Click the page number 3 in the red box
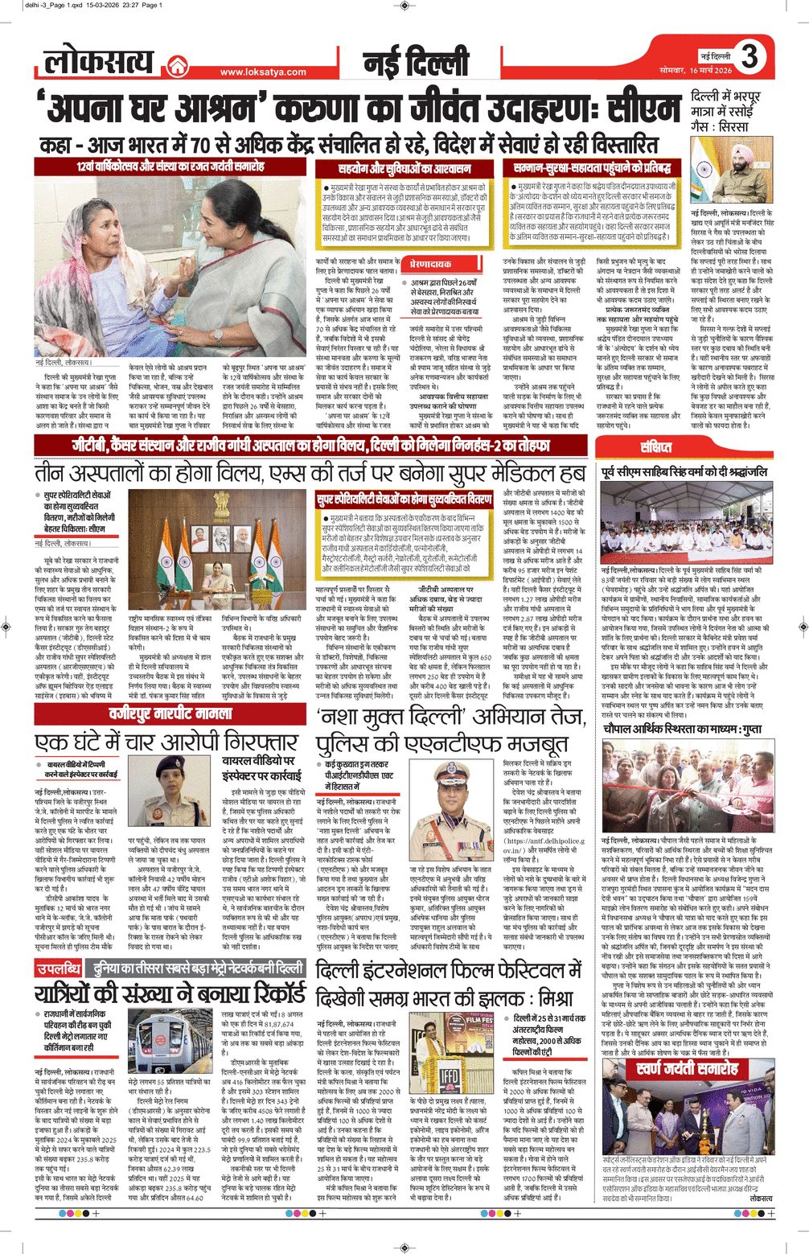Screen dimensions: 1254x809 click(x=749, y=57)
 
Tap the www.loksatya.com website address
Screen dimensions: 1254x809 click(x=263, y=72)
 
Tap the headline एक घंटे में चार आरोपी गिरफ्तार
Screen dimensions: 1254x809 click(x=166, y=741)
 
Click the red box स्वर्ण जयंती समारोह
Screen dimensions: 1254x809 click(x=686, y=1069)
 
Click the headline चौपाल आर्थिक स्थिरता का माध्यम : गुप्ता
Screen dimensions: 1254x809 click(x=683, y=728)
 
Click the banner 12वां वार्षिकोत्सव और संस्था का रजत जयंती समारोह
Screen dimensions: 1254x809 click(x=170, y=167)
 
